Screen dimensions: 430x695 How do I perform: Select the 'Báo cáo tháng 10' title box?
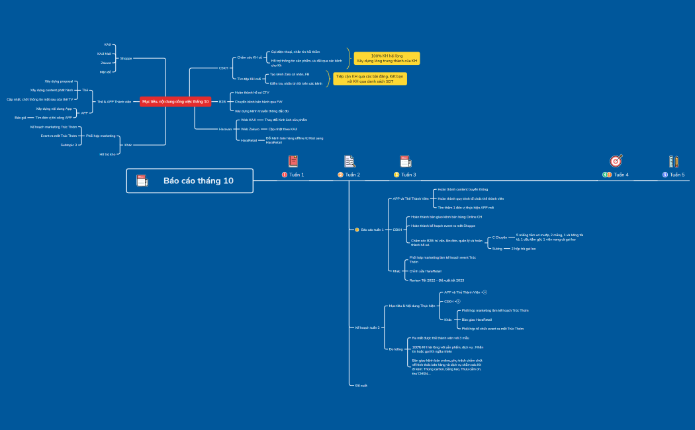190,181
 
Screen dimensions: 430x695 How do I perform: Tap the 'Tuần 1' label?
296,175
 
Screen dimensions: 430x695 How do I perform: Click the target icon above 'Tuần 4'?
616,161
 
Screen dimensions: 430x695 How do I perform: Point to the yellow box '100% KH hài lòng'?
387,58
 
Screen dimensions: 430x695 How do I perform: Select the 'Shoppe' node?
126,58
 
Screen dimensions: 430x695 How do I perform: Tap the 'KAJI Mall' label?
104,54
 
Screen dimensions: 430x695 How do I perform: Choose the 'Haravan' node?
226,129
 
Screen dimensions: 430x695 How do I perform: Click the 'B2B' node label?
222,102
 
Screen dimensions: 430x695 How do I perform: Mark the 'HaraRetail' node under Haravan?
248,140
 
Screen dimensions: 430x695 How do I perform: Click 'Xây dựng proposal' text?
59,81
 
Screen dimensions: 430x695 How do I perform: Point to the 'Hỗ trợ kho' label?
107,153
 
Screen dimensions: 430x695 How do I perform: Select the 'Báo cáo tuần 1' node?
373,230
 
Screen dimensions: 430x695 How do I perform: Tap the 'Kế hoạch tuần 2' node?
368,327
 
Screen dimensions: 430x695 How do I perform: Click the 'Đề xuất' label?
361,385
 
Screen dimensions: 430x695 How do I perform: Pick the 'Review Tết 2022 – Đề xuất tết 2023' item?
437,280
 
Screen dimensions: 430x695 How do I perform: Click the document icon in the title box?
142,181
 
